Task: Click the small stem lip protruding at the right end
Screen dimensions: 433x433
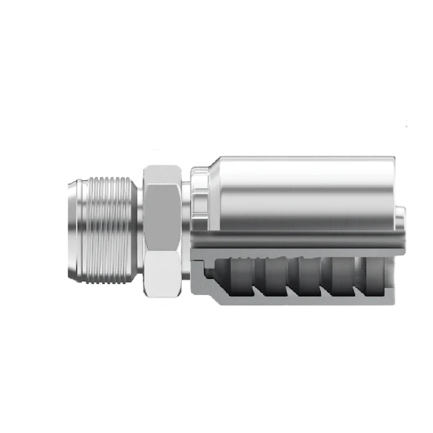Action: coord(401,216)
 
